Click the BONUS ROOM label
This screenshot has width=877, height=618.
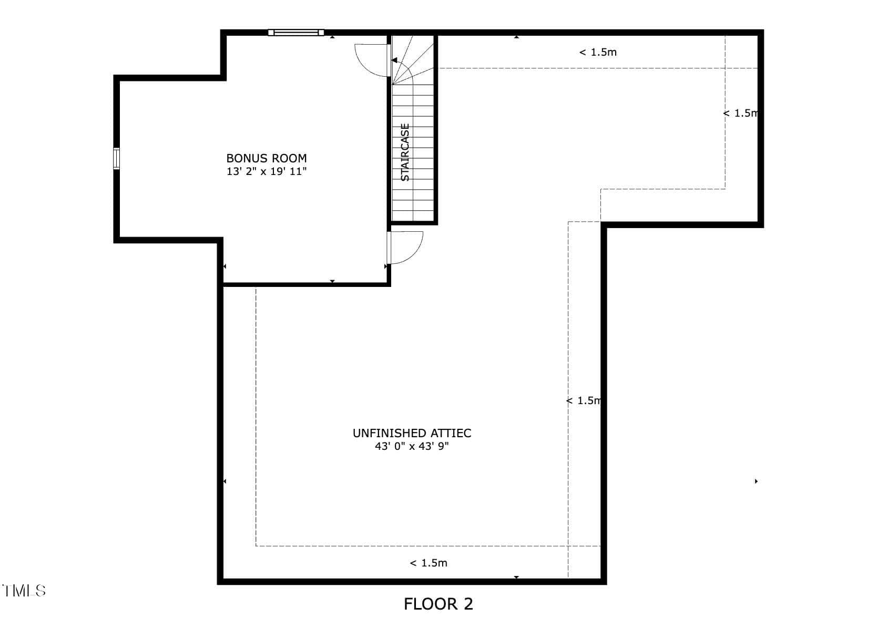tap(266, 158)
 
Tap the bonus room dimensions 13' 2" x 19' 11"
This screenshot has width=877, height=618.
tap(266, 171)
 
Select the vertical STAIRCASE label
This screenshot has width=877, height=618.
tap(405, 152)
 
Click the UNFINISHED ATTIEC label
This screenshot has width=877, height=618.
tap(412, 433)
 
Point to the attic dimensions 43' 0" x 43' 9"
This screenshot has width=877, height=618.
tap(412, 446)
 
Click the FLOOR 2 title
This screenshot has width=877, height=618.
tap(438, 604)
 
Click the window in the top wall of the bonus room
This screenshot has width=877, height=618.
tap(296, 33)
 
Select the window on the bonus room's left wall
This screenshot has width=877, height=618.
tap(116, 159)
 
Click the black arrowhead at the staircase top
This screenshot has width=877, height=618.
tap(394, 60)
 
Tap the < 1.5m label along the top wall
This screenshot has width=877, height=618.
tap(598, 52)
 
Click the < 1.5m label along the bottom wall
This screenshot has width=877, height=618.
tap(429, 563)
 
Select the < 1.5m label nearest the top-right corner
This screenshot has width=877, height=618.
tap(740, 113)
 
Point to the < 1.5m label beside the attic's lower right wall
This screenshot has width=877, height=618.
tap(584, 400)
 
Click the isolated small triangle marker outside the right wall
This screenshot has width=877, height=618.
tap(757, 481)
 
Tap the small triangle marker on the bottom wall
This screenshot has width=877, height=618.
tap(516, 578)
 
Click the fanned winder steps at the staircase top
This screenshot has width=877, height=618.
tap(413, 59)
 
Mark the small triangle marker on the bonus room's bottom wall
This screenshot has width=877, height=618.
tap(332, 281)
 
